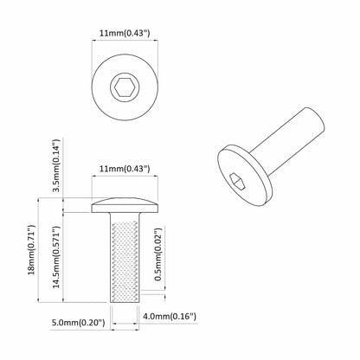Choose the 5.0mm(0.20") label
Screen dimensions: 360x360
(x=79, y=322)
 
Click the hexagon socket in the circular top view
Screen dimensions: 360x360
(x=125, y=87)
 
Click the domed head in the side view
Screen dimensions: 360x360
(x=125, y=204)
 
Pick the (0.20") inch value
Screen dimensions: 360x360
(x=92, y=322)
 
